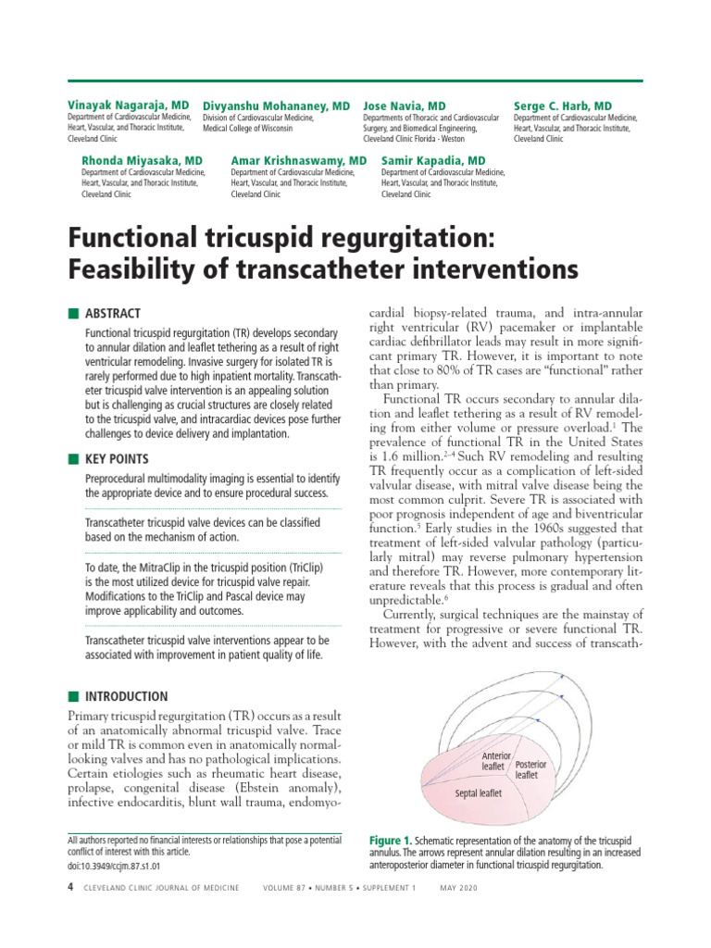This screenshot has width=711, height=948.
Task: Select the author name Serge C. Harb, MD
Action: [562, 106]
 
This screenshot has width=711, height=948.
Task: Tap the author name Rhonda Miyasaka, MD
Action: [142, 160]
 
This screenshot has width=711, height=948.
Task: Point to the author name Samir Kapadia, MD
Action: [433, 160]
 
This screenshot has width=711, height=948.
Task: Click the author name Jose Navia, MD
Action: [405, 106]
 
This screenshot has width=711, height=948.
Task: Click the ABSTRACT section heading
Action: [113, 314]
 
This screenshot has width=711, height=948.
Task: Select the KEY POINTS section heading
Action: [117, 459]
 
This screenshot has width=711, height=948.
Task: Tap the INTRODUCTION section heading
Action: [127, 696]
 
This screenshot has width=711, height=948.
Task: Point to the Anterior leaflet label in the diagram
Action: [497, 761]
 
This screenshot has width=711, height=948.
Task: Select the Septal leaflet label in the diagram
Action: [479, 793]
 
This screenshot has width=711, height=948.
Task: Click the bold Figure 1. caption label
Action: [392, 841]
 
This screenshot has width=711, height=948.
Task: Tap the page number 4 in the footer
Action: [71, 888]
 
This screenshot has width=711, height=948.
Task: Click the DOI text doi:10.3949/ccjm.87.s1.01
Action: [115, 866]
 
